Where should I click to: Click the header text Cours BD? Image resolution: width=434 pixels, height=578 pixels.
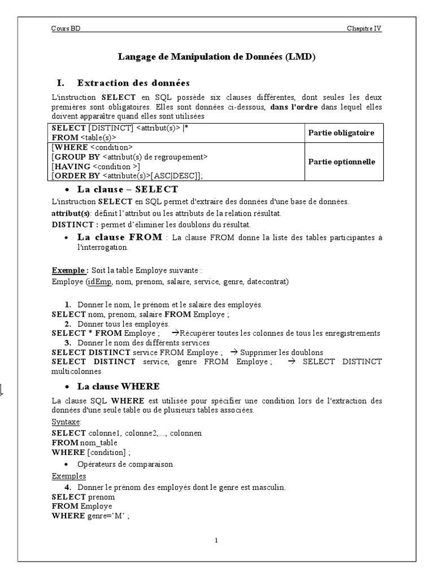coord(66,29)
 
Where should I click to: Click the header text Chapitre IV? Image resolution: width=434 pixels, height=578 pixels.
coord(364,29)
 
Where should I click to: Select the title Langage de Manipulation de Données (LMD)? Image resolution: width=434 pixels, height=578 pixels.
coord(216,56)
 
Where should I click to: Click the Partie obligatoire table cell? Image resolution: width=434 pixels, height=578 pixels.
coord(341,133)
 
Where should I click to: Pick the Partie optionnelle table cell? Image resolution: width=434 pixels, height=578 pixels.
coord(341,161)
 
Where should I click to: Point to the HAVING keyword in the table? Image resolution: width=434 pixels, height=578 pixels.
coord(71,166)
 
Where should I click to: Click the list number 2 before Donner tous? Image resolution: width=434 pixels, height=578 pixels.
coord(67,324)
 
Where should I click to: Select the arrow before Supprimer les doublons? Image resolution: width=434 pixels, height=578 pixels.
coord(233,352)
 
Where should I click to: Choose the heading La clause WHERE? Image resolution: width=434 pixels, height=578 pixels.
coord(118,387)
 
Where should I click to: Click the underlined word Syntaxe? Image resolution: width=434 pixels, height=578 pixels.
coord(67,422)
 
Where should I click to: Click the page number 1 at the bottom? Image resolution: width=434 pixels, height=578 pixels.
coord(216,540)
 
